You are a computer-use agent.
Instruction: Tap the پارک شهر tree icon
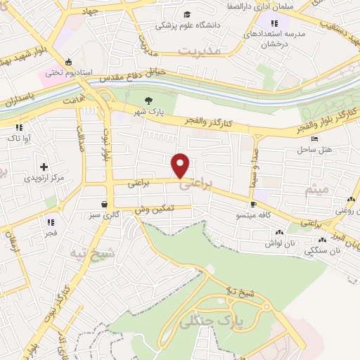click(x=148, y=101)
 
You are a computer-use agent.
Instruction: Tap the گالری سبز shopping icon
click(x=104, y=204)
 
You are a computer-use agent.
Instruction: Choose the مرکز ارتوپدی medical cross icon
click(x=44, y=167)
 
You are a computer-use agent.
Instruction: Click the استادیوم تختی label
click(x=65, y=72)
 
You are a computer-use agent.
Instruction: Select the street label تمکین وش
click(x=164, y=210)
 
